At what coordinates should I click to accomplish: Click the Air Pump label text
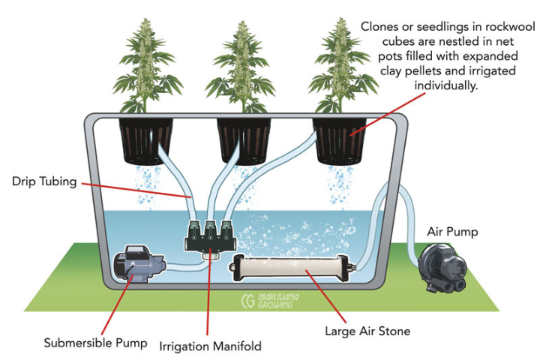pyautogui.click(x=452, y=232)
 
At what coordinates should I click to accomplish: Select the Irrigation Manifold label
pyautogui.click(x=210, y=346)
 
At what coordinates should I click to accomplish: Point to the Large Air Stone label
pyautogui.click(x=367, y=330)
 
